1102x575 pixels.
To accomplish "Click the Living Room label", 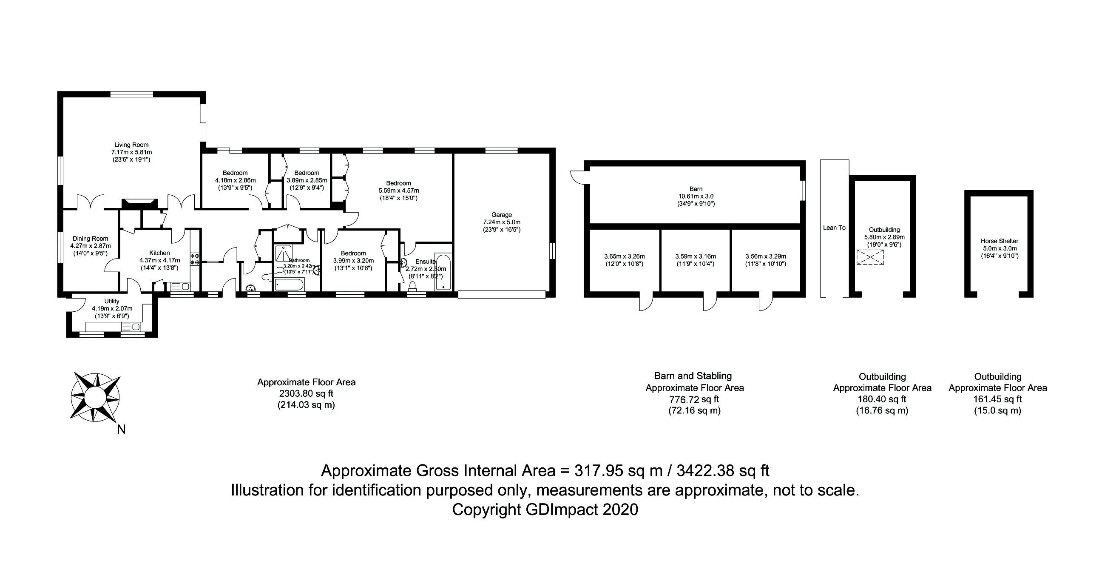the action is (131, 145).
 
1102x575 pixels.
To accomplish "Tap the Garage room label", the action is (501, 215).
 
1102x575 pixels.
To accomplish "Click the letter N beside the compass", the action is (122, 430).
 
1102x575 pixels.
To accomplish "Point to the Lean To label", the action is (834, 228).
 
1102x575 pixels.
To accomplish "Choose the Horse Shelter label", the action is (1000, 241).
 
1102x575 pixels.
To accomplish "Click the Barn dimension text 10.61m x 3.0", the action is (696, 196).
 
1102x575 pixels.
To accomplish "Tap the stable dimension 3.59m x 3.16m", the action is (695, 256).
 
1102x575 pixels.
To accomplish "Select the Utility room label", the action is (112, 301).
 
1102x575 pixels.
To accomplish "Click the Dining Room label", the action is (90, 239).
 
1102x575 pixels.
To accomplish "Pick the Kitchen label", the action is (159, 253).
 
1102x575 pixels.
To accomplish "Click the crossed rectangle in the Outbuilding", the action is (870, 258).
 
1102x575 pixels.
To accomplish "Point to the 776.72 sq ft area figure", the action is (694, 400).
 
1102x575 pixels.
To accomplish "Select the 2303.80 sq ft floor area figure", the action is (306, 393).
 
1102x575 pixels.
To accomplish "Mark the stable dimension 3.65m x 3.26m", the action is (625, 256).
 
